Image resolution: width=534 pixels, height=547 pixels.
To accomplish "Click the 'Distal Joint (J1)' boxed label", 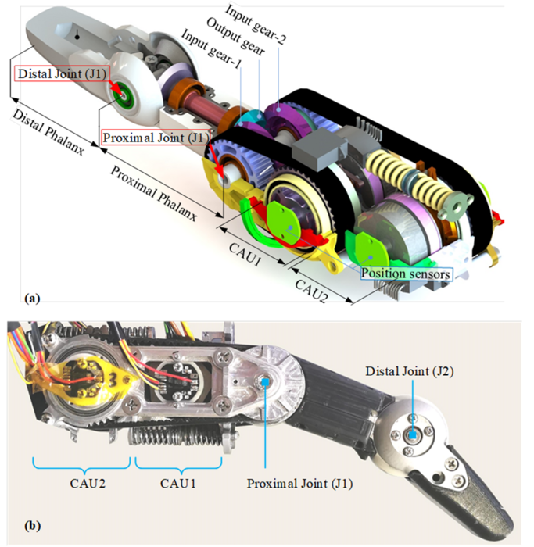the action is click(62, 74).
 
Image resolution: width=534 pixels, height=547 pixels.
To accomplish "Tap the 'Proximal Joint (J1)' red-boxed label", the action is click(156, 138).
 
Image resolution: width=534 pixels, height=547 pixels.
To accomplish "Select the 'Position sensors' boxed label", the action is click(406, 273).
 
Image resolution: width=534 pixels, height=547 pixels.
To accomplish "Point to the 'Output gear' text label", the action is click(236, 37).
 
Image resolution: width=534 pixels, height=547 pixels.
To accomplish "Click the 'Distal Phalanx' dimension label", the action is click(48, 132).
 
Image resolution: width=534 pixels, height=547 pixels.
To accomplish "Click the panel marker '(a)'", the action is click(33, 299).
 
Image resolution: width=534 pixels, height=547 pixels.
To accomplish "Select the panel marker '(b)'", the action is click(33, 526).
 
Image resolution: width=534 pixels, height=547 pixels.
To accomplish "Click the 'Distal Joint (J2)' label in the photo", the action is click(410, 371).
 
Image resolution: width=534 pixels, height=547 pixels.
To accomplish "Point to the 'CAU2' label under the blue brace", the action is click(88, 484).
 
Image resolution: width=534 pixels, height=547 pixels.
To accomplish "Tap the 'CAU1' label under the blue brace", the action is click(178, 484).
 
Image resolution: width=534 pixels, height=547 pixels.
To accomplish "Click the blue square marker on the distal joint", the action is click(413, 435).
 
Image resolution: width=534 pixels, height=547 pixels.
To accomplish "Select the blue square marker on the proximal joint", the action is click(265, 382).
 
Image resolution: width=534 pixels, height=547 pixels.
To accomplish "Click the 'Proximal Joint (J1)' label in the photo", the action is click(299, 484).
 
